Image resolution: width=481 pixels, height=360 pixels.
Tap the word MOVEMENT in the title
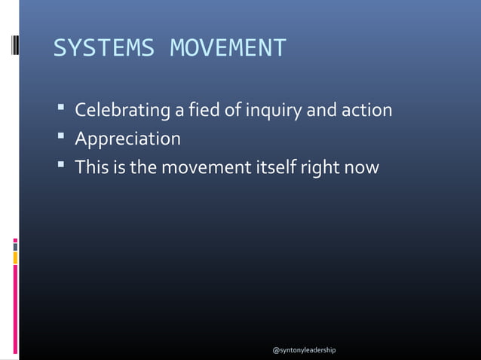(x=228, y=49)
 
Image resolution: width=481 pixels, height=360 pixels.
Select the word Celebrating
(x=123, y=111)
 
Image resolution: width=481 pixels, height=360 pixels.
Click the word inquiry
(x=272, y=111)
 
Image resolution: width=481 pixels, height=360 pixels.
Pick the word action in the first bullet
(x=366, y=111)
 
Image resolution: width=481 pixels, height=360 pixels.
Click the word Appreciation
(x=127, y=139)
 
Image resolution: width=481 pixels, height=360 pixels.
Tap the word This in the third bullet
(x=90, y=167)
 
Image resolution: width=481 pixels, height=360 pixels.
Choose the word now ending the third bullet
(x=363, y=167)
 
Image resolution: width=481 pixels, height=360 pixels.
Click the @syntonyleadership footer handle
(x=304, y=351)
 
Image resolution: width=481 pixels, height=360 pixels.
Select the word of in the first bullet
(x=233, y=111)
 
